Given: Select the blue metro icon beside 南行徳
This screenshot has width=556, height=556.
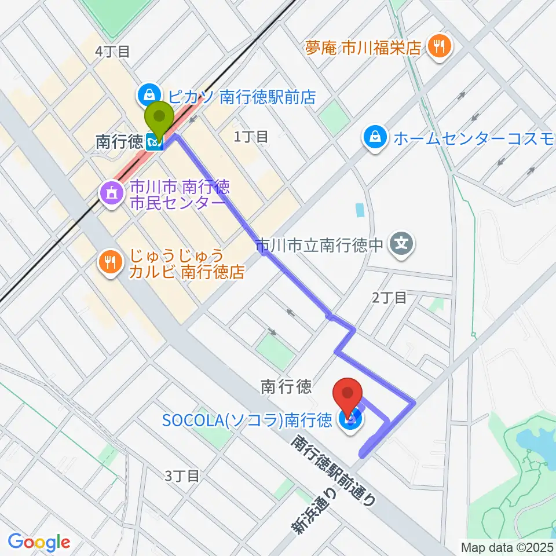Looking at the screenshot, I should click(155, 141).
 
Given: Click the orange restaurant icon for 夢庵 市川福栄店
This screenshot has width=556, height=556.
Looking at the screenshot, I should click(436, 46).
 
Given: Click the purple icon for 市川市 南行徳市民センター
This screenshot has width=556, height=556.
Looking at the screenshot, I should click(110, 193).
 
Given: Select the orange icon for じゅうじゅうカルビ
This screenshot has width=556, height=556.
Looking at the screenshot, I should click(110, 262).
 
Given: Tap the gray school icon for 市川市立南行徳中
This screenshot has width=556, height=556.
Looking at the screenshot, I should click(402, 244).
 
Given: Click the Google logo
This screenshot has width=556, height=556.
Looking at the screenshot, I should click(39, 542).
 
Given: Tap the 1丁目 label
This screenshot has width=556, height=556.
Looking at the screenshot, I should click(251, 137).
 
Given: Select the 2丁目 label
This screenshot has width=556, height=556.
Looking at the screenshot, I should click(389, 298).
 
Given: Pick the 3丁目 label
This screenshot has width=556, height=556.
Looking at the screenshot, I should click(182, 476).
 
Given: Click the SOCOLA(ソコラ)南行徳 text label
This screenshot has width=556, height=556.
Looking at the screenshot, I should click(247, 419).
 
